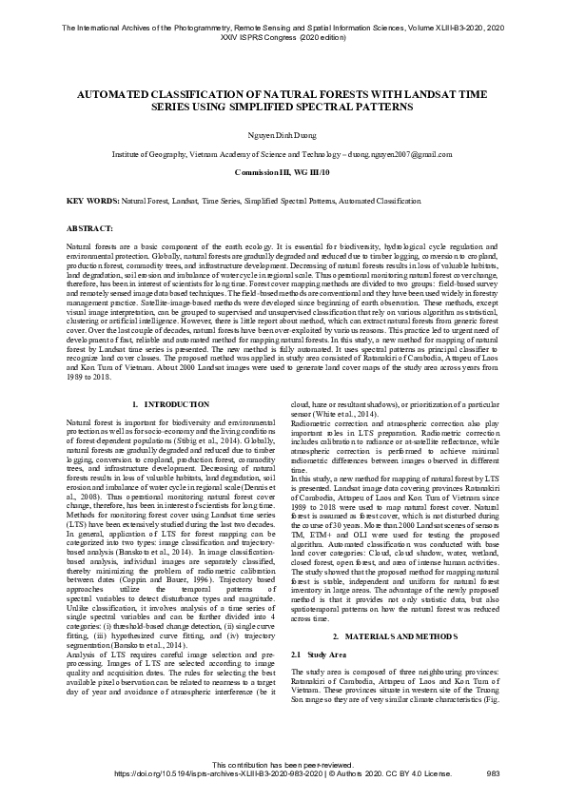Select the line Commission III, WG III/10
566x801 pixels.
pos(283,172)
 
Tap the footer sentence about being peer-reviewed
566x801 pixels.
pos(283,766)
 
